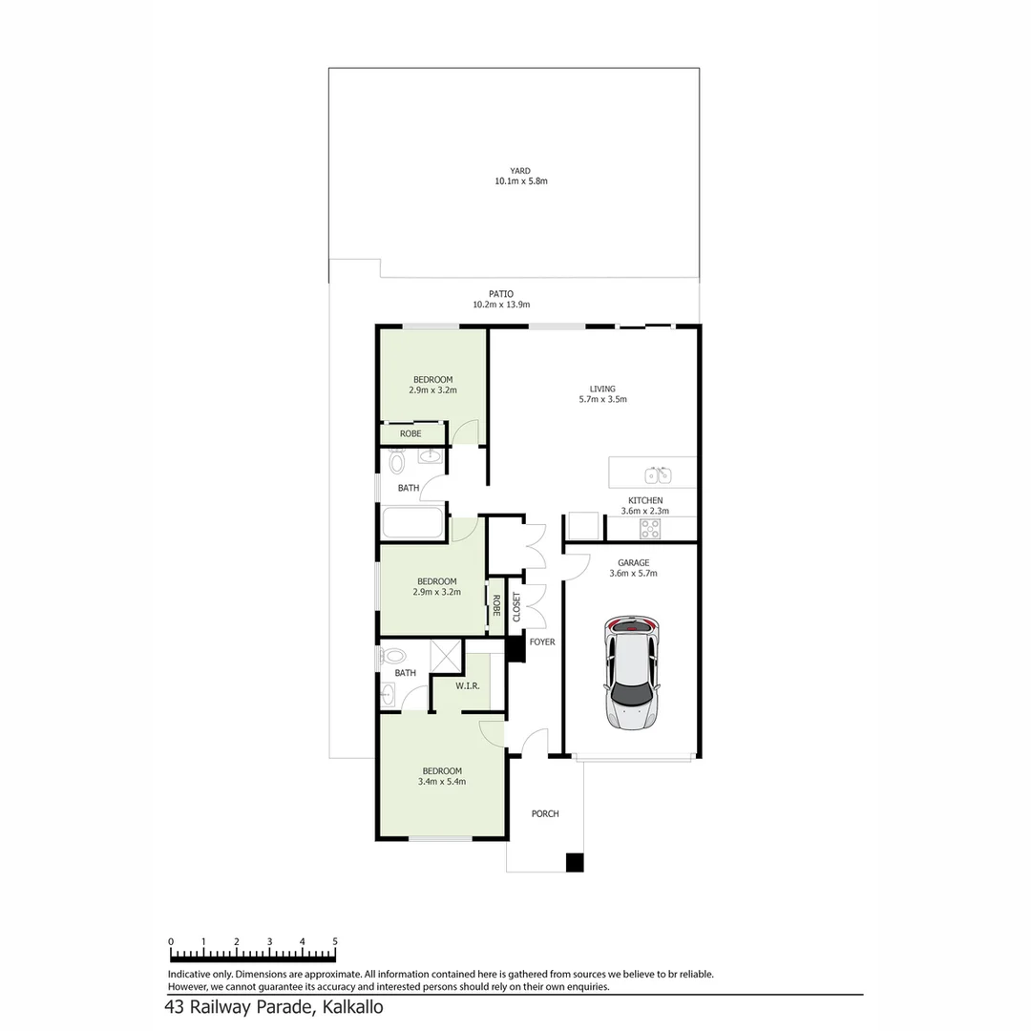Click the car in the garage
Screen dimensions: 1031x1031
pyautogui.click(x=631, y=674)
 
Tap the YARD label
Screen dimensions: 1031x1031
pyautogui.click(x=519, y=172)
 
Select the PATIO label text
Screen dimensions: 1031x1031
pyautogui.click(x=500, y=295)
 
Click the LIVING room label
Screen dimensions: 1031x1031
pyautogui.click(x=602, y=389)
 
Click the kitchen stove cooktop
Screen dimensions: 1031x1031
pyautogui.click(x=650, y=528)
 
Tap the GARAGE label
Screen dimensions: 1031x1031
pyautogui.click(x=633, y=563)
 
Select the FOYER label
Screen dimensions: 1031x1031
pyautogui.click(x=542, y=642)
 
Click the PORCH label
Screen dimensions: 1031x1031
pyautogui.click(x=545, y=814)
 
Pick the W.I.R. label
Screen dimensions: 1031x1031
pyautogui.click(x=467, y=685)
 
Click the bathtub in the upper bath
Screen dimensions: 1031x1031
pyautogui.click(x=412, y=523)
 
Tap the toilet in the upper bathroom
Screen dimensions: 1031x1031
pyautogui.click(x=397, y=463)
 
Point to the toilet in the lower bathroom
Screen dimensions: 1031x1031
pyautogui.click(x=392, y=656)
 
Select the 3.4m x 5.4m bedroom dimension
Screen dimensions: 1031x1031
pyautogui.click(x=442, y=782)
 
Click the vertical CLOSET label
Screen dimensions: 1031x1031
pyautogui.click(x=516, y=607)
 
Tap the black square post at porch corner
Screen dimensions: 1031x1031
pyautogui.click(x=575, y=862)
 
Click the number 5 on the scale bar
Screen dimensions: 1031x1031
pyautogui.click(x=334, y=941)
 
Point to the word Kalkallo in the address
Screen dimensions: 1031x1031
pyautogui.click(x=352, y=1007)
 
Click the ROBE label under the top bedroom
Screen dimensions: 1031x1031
pyautogui.click(x=410, y=434)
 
